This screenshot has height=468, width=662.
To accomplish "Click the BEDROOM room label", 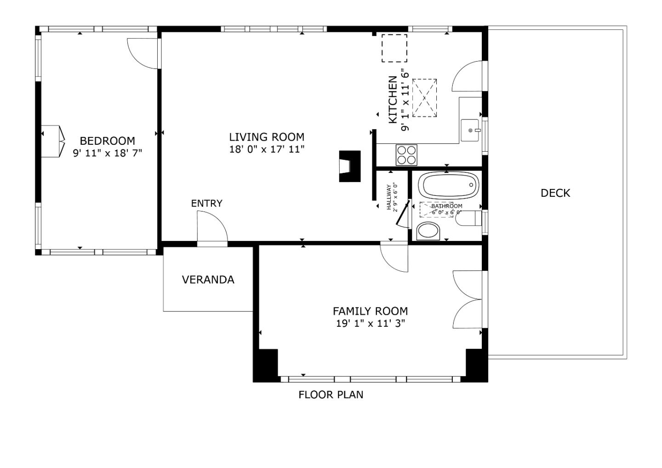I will (x=107, y=141).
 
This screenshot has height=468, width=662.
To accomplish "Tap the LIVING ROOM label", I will (x=267, y=137).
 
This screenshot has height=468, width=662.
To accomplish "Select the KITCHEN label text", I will (x=393, y=100).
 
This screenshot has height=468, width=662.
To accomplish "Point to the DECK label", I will (x=555, y=193).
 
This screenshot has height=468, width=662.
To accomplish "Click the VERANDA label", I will (x=208, y=280).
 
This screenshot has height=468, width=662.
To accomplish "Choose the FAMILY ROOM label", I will (x=370, y=311).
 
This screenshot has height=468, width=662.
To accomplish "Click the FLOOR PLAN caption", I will (x=331, y=394).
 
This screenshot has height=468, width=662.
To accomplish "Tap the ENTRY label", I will (x=206, y=203).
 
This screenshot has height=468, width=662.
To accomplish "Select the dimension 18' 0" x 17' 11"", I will (x=267, y=149).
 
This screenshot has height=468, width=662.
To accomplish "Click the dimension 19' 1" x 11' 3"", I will (x=370, y=323).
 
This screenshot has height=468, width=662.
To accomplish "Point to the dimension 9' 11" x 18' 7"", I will (x=107, y=153).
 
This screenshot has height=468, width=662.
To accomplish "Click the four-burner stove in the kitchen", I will (x=406, y=155).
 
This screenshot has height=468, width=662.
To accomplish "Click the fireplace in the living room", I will (x=349, y=166).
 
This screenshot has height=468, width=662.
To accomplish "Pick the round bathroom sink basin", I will (x=428, y=231).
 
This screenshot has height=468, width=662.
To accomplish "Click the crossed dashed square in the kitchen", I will (x=424, y=98).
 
